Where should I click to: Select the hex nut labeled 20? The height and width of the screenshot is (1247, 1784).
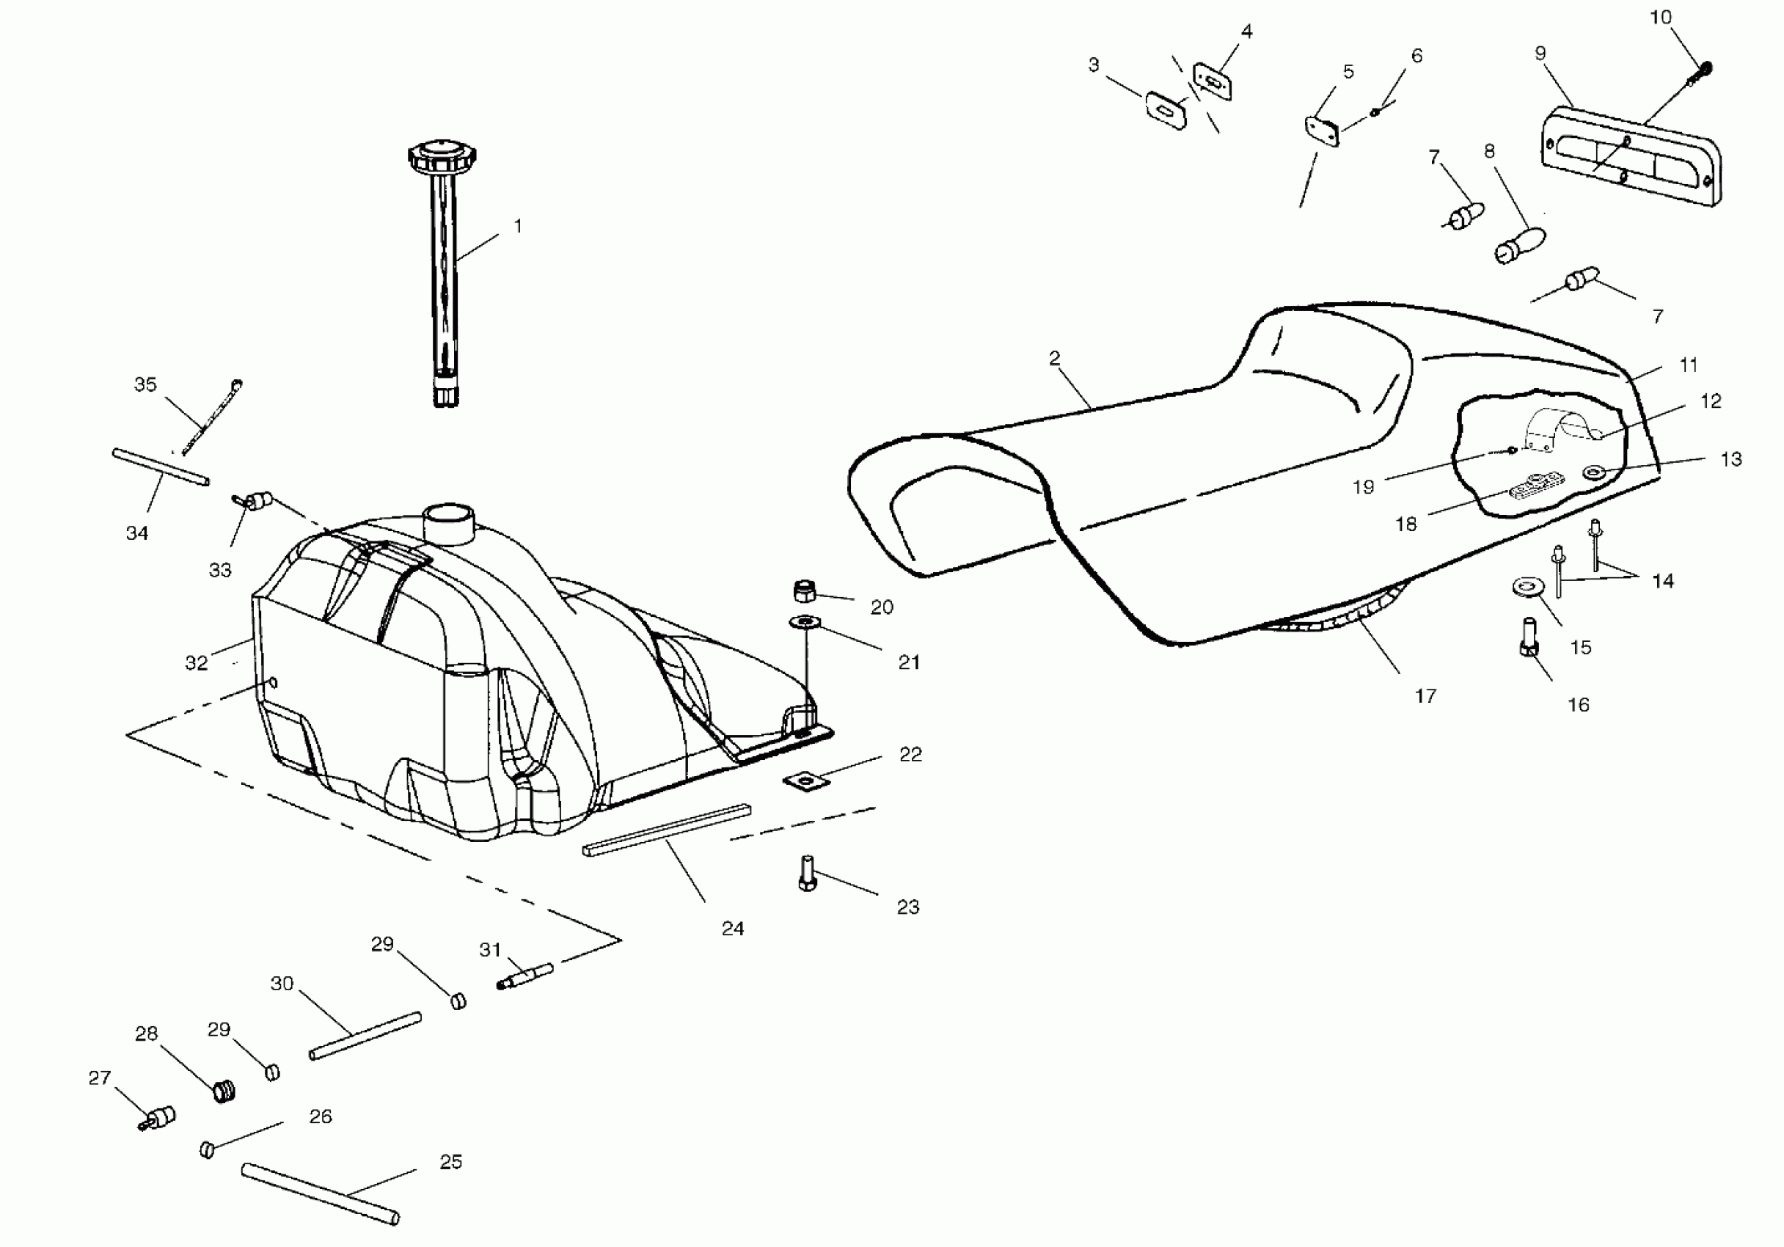(804, 592)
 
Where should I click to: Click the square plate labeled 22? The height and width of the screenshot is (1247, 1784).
(804, 780)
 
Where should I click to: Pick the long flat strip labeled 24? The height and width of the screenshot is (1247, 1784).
(667, 830)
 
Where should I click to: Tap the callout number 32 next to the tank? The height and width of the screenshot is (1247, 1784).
(196, 662)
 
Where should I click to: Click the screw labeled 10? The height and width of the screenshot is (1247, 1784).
(1703, 73)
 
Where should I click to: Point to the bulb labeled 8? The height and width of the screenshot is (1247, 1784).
(1520, 244)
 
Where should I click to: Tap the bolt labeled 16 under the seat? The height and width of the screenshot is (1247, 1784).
(1529, 637)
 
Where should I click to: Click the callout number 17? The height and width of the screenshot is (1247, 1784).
(1425, 696)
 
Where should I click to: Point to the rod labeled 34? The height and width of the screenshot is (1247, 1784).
(161, 467)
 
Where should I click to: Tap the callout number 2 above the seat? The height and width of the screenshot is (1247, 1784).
(1054, 358)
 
